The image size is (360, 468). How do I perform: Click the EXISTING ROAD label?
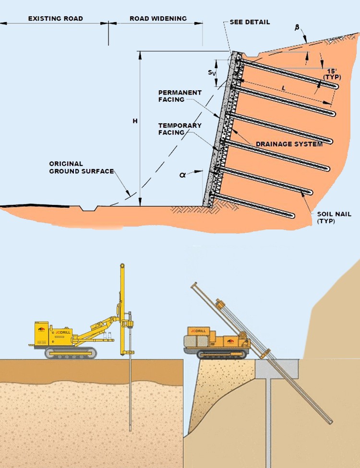tap(56, 19)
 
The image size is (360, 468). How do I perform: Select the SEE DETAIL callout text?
tap(250, 22)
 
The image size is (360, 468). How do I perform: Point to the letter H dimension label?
tap(135, 121)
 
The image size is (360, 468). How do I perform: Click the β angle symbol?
tap(297, 28)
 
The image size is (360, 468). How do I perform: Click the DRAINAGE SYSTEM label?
tap(289, 144)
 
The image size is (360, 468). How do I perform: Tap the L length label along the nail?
tap(285, 88)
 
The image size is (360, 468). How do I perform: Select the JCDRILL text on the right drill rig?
tap(198, 331)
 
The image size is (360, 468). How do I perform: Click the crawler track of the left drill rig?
tap(71, 353)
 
